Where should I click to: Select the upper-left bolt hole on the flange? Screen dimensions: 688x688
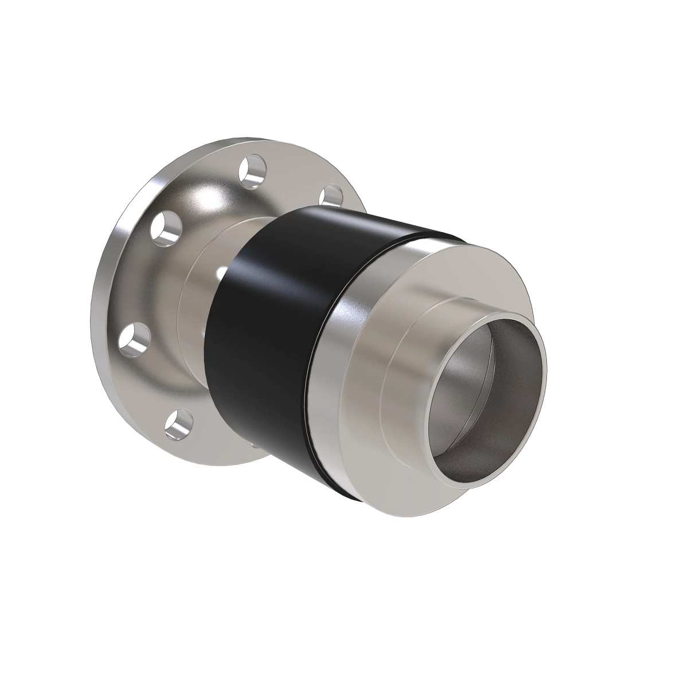point(165,228)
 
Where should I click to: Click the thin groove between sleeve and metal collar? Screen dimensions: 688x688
point(312,367)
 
